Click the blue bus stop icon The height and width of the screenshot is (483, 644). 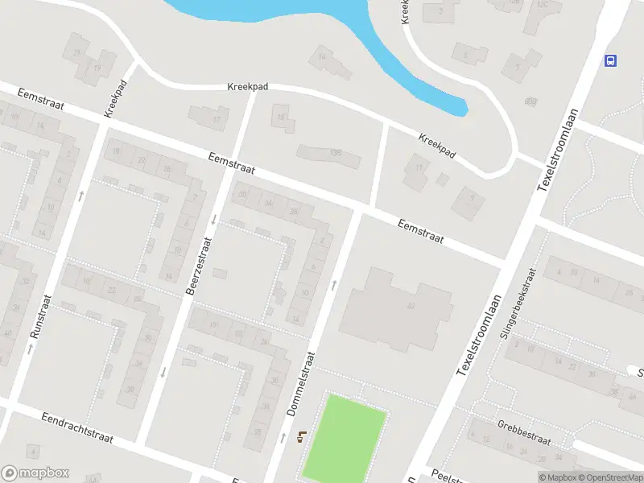(x=612, y=60)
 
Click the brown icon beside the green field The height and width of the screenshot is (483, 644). (x=302, y=437)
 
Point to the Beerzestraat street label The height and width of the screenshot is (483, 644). (x=200, y=265)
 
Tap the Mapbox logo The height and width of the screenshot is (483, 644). (x=35, y=473)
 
